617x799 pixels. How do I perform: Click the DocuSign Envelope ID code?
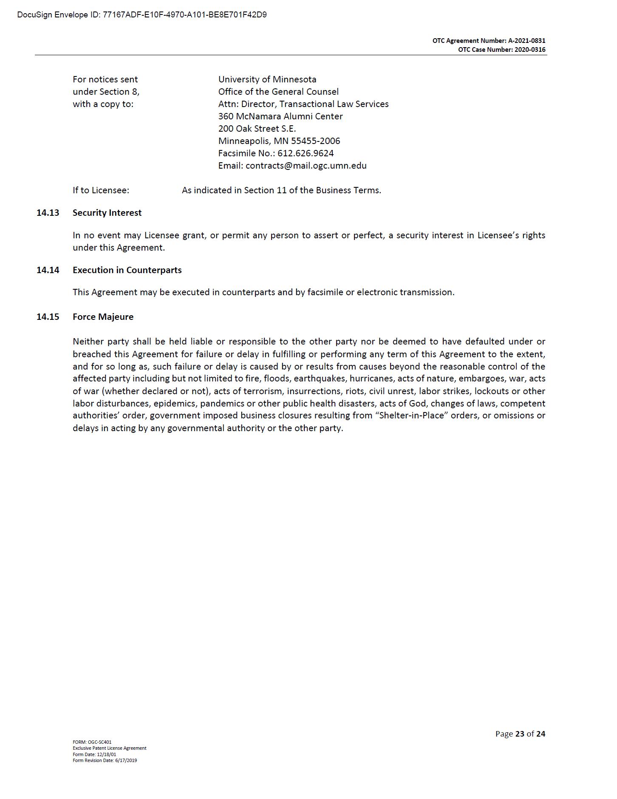pyautogui.click(x=184, y=15)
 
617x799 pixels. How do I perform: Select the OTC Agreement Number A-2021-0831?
pyautogui.click(x=526, y=41)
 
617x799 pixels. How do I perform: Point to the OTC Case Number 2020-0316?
pyautogui.click(x=530, y=50)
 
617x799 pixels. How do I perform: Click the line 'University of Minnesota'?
pyautogui.click(x=267, y=79)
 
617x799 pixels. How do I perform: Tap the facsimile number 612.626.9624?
pyautogui.click(x=306, y=153)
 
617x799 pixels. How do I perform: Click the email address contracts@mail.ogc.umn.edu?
pyautogui.click(x=306, y=166)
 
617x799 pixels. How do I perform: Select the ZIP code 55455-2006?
pyautogui.click(x=315, y=141)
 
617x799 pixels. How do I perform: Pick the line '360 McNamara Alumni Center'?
pyautogui.click(x=280, y=116)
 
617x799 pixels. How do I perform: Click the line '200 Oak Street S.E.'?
pyautogui.click(x=257, y=129)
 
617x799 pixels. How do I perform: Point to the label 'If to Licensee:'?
pyautogui.click(x=101, y=190)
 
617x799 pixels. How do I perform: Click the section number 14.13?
pyautogui.click(x=48, y=213)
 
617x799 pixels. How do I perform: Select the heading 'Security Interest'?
pyautogui.click(x=107, y=213)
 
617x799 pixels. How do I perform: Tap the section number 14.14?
pyautogui.click(x=48, y=270)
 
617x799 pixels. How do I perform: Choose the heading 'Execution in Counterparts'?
pyautogui.click(x=127, y=270)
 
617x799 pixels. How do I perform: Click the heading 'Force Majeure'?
pyautogui.click(x=103, y=317)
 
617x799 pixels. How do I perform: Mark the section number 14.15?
pyautogui.click(x=48, y=317)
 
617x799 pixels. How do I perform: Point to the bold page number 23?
pyautogui.click(x=519, y=734)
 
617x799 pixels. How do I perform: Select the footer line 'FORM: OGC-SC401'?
pyautogui.click(x=92, y=742)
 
